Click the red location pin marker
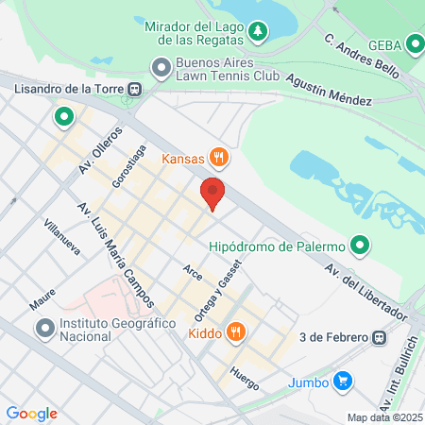(213, 193)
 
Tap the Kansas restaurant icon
(219, 157)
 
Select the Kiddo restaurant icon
(236, 332)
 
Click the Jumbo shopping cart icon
(344, 382)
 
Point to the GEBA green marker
(416, 44)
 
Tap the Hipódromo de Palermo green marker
(359, 246)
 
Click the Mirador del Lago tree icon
(258, 35)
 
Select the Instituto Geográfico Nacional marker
(44, 329)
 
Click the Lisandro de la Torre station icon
(137, 90)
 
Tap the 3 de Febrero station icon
(379, 336)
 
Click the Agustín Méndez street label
(327, 90)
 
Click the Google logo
(31, 413)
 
